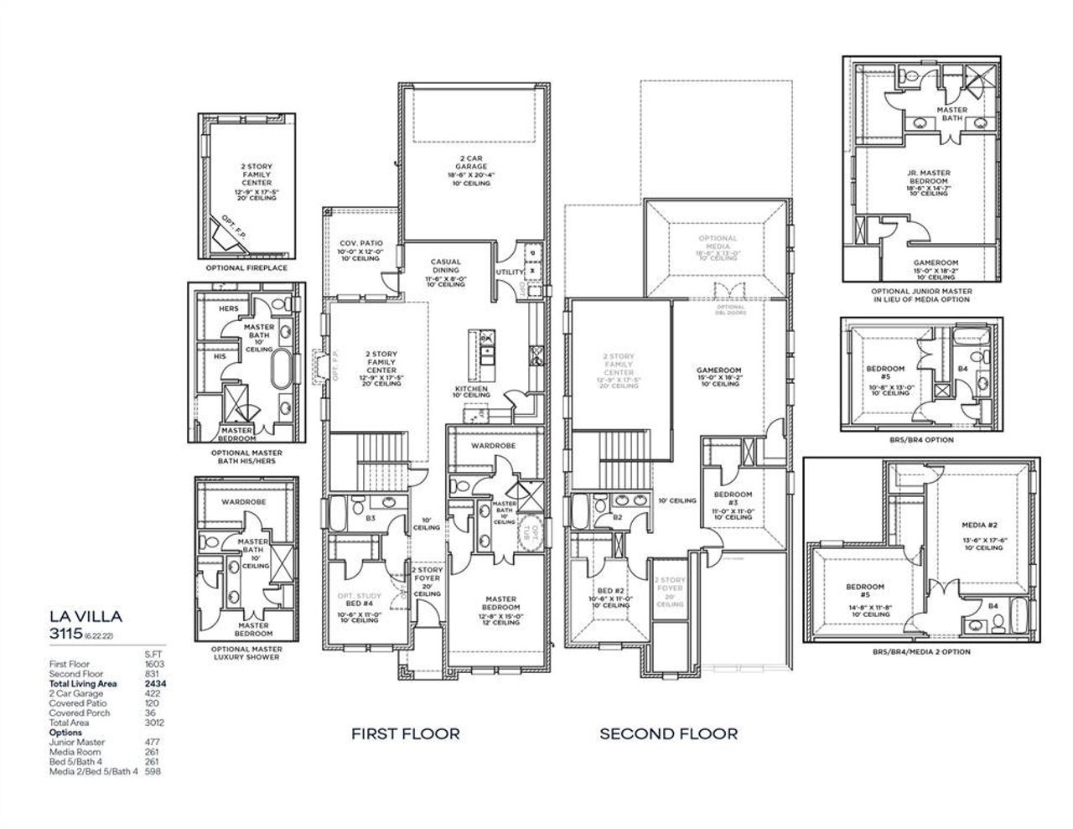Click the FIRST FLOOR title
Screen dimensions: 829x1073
(405, 733)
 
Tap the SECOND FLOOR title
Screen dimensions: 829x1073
(668, 733)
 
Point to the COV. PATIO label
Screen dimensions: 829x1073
(360, 244)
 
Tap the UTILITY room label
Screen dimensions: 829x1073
(511, 272)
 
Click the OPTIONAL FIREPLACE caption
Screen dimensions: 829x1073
(246, 268)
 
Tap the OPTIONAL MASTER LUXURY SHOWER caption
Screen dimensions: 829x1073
(247, 652)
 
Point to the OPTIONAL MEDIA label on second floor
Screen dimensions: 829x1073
(717, 243)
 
